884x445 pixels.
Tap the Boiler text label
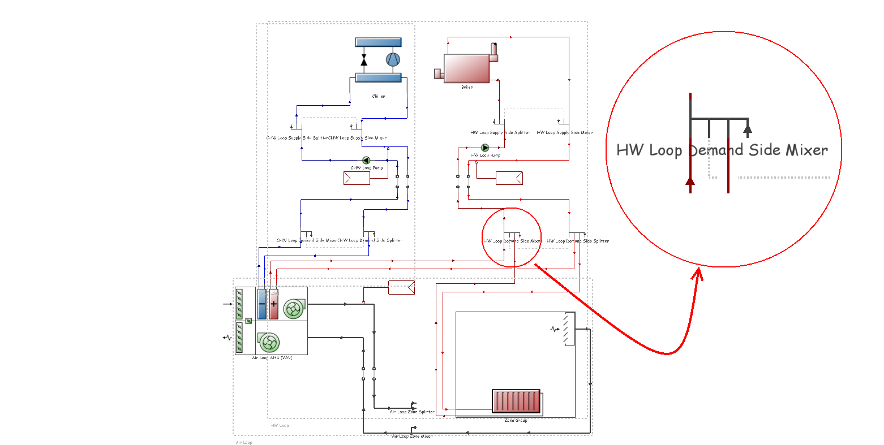click(x=467, y=87)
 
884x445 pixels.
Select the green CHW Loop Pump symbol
click(x=366, y=161)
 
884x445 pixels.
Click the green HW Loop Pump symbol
click(x=485, y=148)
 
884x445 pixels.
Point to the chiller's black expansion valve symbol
click(x=363, y=60)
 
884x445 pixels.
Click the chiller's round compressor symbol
click(x=393, y=59)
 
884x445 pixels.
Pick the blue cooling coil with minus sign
click(x=262, y=304)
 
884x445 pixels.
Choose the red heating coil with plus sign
click(x=274, y=304)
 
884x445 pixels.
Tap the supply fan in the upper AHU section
click(x=293, y=309)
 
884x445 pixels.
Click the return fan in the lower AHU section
click(x=269, y=342)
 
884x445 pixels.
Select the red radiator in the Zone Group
click(x=517, y=402)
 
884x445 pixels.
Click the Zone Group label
click(x=516, y=420)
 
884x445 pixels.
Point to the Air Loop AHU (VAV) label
click(x=272, y=358)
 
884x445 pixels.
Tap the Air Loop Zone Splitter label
click(x=412, y=412)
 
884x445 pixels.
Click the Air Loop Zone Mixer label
click(x=412, y=436)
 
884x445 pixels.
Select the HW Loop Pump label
click(x=486, y=155)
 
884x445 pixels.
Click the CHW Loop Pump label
click(x=367, y=168)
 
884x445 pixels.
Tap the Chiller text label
click(x=379, y=96)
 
